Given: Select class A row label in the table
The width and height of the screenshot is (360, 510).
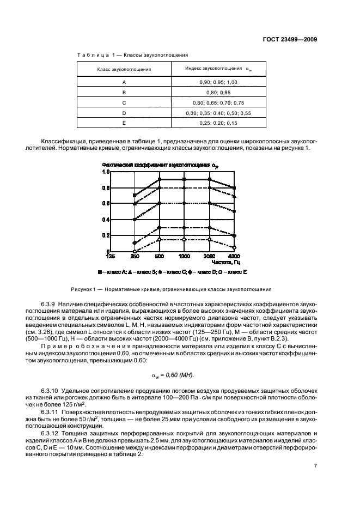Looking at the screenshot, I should click(x=124, y=82).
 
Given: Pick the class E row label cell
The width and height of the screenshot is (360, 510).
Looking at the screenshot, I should click(x=124, y=123).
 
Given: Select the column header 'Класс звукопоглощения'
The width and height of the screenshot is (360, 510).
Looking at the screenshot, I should click(x=124, y=69).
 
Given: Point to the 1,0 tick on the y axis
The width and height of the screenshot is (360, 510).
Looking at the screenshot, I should click(x=106, y=172).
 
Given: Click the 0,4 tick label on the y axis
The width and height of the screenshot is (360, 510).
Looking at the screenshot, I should click(x=106, y=220).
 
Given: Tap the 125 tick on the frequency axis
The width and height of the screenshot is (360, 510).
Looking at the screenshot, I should click(x=111, y=256).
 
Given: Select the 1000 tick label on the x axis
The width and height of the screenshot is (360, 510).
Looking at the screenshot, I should click(x=184, y=256).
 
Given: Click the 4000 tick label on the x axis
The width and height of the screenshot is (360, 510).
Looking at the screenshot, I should click(x=234, y=256).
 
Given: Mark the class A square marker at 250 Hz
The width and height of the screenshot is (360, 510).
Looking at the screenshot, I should click(x=135, y=195).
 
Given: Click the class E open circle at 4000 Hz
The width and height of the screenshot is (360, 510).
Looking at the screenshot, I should click(x=234, y=247).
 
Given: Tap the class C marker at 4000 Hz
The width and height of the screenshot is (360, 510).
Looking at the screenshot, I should click(x=234, y=211).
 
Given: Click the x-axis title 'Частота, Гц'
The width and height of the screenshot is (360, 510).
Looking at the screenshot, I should click(x=223, y=262).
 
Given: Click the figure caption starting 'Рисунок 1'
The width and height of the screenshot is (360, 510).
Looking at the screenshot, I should click(x=170, y=289).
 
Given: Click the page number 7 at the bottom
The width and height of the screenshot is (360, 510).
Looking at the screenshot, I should click(x=315, y=466).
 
